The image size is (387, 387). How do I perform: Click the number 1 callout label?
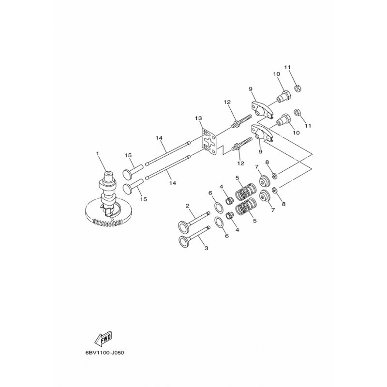(x=98, y=154)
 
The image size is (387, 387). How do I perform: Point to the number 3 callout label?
(x=206, y=248)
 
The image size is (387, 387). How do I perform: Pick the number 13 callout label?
(x=198, y=119)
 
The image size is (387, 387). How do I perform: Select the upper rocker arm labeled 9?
(x=258, y=105)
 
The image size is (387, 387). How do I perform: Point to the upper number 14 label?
(x=159, y=138)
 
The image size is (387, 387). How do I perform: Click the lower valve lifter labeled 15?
(x=131, y=187)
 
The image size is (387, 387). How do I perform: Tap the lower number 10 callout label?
(x=297, y=132)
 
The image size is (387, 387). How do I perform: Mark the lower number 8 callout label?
(x=283, y=204)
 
